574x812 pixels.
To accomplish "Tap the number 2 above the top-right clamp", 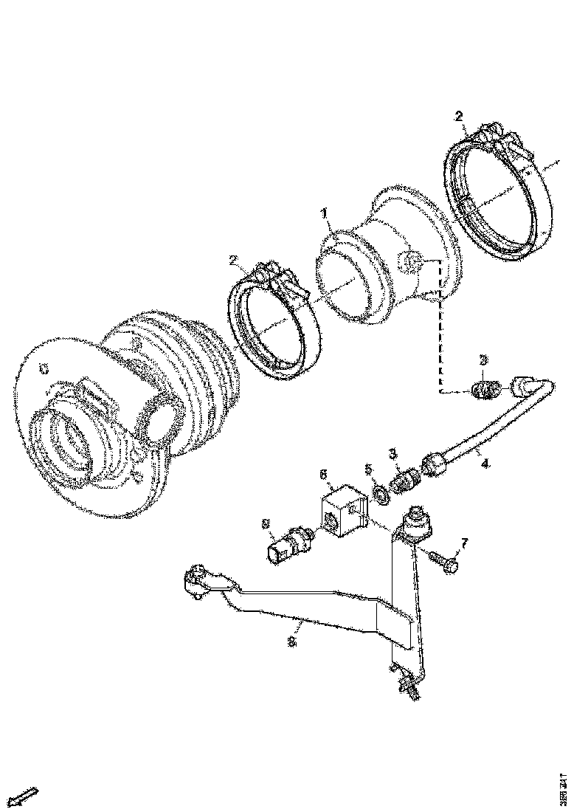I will pos(458,116).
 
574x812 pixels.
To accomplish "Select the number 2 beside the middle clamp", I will pos(234,260).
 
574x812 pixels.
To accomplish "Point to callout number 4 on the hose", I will pos(485,465).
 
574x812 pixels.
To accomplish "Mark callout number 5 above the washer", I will pos(370,468).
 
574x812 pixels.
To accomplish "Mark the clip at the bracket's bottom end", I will pos(407,684).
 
